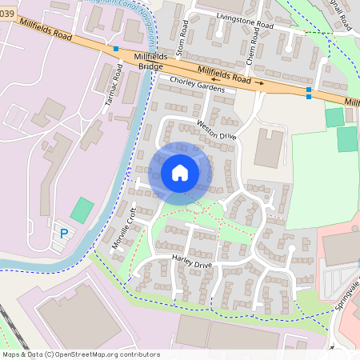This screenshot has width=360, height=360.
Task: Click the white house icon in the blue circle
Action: click(180, 173)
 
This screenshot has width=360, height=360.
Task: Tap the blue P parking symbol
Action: click(63, 234)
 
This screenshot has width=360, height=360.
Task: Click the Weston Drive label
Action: click(218, 129)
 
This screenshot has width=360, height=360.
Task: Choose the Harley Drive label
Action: click(192, 262)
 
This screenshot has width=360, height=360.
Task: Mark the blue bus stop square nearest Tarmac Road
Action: click(117, 49)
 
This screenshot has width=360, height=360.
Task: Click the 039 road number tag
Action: click(6, 14)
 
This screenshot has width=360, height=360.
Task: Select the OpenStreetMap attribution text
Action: click(81, 354)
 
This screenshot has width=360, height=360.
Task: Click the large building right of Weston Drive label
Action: click(269, 148)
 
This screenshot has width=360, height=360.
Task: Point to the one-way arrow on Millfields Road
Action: click(261, 82)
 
